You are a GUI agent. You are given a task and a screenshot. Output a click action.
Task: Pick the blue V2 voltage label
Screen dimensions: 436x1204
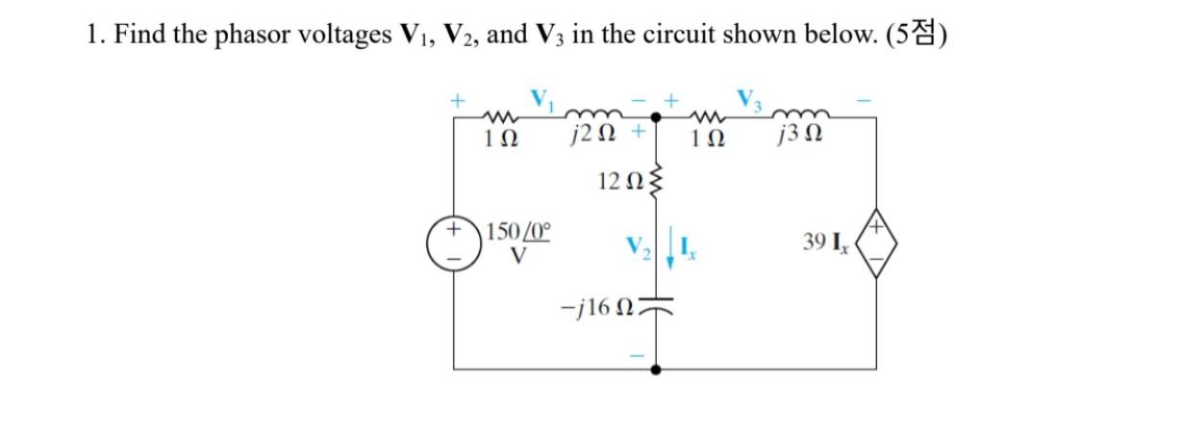click(x=635, y=252)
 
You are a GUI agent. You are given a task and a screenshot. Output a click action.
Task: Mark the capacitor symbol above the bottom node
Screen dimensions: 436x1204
click(x=656, y=305)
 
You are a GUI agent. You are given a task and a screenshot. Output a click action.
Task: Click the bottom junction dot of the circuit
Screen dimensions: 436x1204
click(x=656, y=369)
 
